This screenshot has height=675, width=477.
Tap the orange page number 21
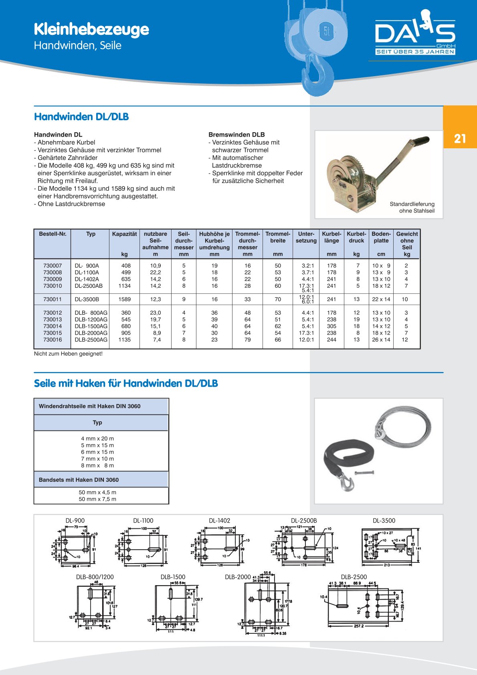coord(460,139)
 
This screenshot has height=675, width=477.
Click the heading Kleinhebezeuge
coord(91,29)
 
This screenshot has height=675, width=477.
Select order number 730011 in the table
coord(53,299)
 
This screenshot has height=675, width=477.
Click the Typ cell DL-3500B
coord(87,299)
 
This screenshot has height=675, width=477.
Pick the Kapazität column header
coord(124,234)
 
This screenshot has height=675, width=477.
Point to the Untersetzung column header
coord(306,237)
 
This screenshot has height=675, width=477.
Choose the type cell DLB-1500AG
coord(91,326)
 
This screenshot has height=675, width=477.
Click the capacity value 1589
coord(124,299)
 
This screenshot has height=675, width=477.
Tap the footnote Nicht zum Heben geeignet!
coord(68,354)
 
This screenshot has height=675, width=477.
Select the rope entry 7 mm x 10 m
coord(97,459)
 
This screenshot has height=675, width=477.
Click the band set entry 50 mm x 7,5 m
coord(97,499)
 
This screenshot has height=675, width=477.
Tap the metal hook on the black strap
coord(347,483)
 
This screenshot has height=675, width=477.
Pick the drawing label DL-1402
coord(219,521)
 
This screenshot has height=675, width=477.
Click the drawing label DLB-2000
coord(238,577)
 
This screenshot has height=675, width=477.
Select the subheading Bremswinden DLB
coord(236,135)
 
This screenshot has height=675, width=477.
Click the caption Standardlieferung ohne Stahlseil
coord(412,207)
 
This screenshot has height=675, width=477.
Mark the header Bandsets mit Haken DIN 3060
coord(79,480)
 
